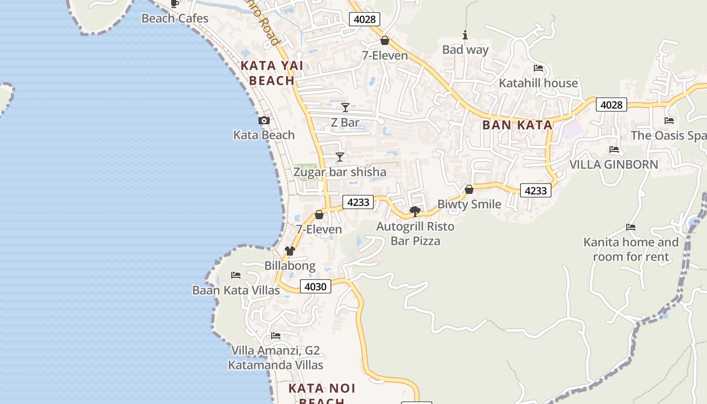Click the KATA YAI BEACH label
click(x=272, y=73)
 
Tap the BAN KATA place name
click(x=517, y=125)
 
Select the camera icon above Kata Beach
click(x=264, y=121)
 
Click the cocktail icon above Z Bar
click(x=345, y=108)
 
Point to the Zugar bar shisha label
click(x=340, y=172)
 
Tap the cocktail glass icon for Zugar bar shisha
click(x=340, y=157)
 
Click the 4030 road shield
click(x=316, y=287)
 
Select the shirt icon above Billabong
click(x=289, y=251)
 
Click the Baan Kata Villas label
click(x=236, y=290)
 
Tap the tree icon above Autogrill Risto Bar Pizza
click(x=415, y=211)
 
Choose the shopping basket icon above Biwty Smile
click(x=469, y=189)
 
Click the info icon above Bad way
click(x=465, y=35)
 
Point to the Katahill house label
click(x=538, y=83)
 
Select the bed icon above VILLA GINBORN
click(x=614, y=149)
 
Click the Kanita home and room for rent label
click(x=631, y=249)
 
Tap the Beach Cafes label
click(x=175, y=19)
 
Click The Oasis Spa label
click(x=668, y=135)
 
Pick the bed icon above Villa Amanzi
click(x=276, y=336)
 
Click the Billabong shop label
click(x=290, y=266)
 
